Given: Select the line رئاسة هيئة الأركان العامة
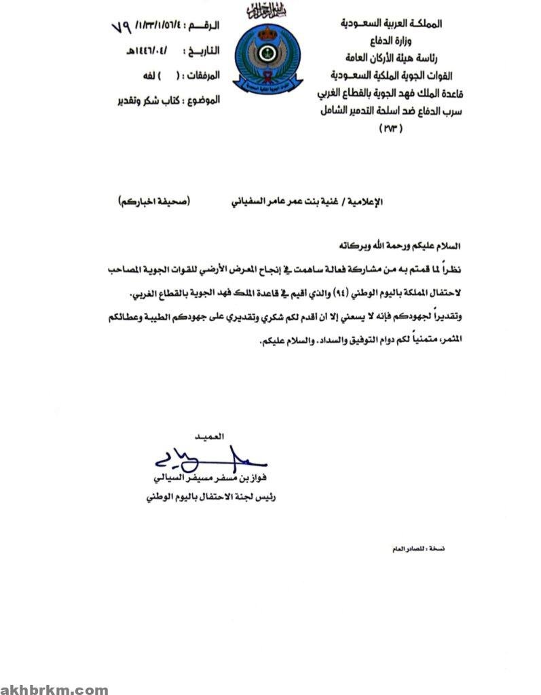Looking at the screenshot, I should click(393, 58).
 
